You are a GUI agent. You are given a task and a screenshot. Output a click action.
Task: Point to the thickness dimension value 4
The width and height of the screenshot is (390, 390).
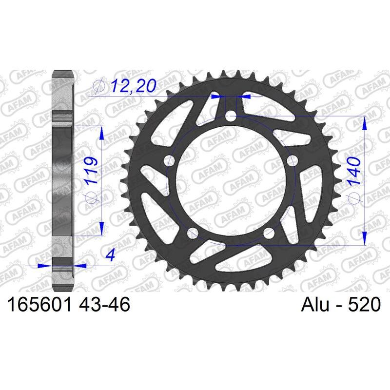point(113,255)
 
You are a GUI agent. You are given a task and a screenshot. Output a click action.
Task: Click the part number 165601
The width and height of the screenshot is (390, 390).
point(38,306)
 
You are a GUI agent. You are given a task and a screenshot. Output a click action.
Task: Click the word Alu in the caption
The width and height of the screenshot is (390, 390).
point(314,306)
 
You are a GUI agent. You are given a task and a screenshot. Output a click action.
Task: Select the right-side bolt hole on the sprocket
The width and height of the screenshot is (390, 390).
point(293,160)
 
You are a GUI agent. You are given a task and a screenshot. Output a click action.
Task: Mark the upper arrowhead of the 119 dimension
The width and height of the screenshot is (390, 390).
point(101,133)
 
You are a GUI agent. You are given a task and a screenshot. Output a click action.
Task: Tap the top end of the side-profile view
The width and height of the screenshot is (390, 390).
point(62,72)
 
